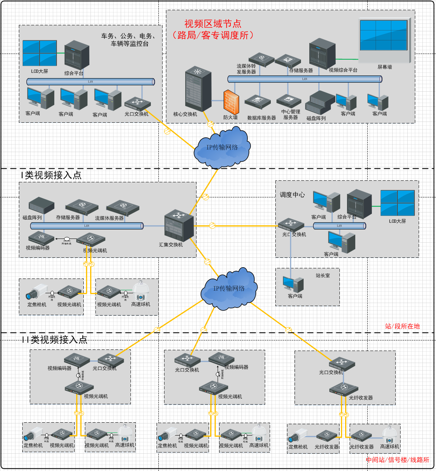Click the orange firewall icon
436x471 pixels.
coord(231,102)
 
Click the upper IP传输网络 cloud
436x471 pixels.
coord(222,148)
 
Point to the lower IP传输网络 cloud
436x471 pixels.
coord(229,289)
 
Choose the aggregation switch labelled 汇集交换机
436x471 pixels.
coord(179,226)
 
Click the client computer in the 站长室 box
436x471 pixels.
coord(293,285)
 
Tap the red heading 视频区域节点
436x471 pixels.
coord(213,24)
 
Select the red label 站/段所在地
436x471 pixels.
coord(402,326)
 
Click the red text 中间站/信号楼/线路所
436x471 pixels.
coord(398,460)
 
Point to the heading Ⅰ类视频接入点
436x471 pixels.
coord(51,175)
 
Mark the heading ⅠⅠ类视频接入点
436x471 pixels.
coord(54,340)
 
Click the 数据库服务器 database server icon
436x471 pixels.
coord(258,102)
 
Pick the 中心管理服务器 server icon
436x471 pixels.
coord(289,101)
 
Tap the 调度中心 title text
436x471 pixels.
coord(292,195)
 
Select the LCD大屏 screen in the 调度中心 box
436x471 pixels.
coord(397,203)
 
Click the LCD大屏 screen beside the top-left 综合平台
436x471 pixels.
coord(40,53)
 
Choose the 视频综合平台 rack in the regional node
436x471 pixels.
coord(322,53)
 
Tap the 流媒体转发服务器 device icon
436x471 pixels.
coord(261,59)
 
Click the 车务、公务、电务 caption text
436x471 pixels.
coord(128,36)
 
